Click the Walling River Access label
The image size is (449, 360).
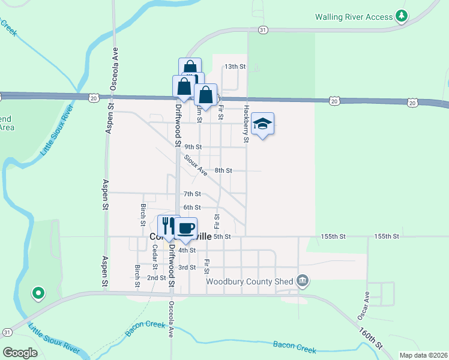tap(354, 17)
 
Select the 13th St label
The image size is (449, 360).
tap(235, 67)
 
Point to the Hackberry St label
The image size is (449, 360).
tap(246, 124)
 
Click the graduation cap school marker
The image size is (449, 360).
tap(262, 124)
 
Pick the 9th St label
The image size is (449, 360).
tap(193, 147)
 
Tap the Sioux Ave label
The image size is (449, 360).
tap(196, 166)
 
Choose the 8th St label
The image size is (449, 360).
tap(223, 170)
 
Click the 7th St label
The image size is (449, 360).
tap(192, 194)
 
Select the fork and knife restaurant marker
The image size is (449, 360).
tap(169, 226)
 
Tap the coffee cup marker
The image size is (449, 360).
tap(186, 227)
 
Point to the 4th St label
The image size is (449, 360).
tap(188, 250)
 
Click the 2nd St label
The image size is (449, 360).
tap(157, 278)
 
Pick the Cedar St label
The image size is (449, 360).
tap(155, 256)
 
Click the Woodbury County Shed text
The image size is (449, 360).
tap(249, 281)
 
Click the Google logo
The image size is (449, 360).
tap(20, 353)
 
